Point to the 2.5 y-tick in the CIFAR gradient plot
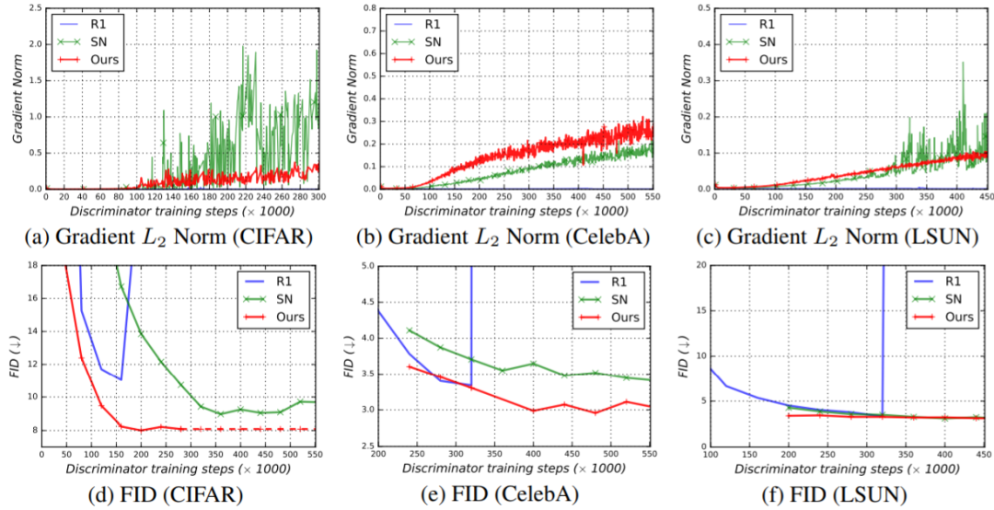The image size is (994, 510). click(x=33, y=7)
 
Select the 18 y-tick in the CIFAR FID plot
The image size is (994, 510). click(x=32, y=266)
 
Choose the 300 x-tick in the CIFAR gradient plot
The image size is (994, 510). click(x=318, y=197)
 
